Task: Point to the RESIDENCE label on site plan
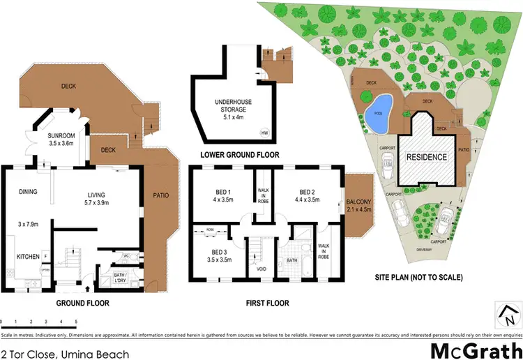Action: coord(427,157)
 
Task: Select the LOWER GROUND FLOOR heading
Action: coord(239,154)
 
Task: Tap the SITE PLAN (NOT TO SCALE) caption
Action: coord(418,276)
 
